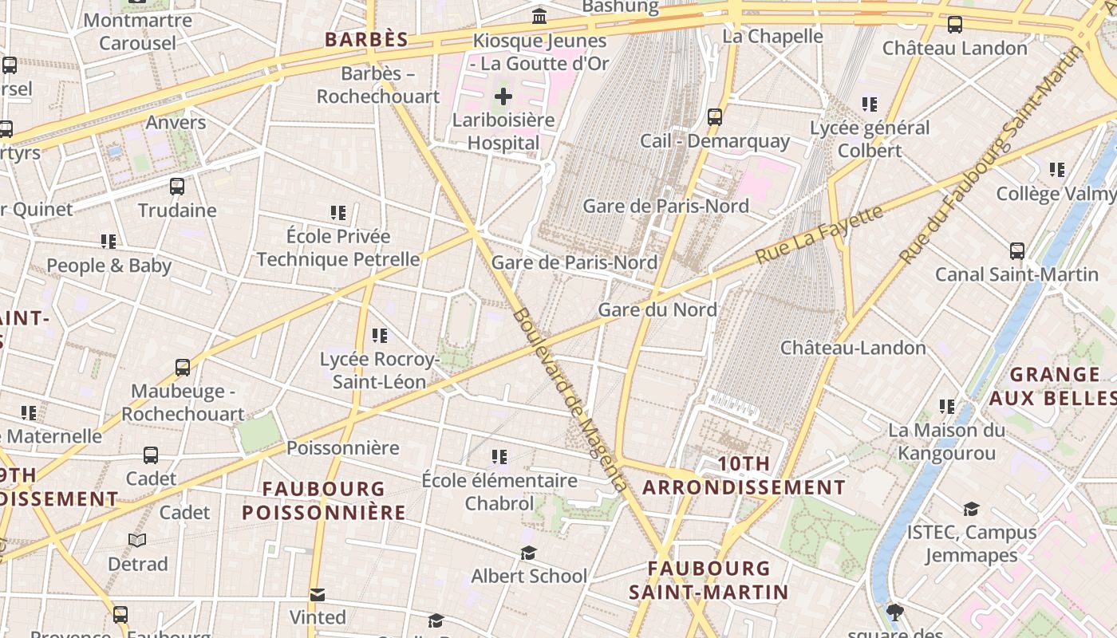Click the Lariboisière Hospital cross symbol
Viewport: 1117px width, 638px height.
point(503,97)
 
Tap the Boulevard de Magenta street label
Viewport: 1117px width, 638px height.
point(568,399)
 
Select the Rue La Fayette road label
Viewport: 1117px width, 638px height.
point(819,233)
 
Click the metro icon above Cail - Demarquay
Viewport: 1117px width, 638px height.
point(715,117)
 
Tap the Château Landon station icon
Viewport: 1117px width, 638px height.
point(955,25)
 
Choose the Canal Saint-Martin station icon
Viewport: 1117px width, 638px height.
point(1017,251)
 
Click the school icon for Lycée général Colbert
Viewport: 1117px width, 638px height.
point(870,104)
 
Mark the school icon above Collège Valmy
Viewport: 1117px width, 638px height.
point(1057,170)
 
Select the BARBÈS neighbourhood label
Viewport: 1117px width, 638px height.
point(366,39)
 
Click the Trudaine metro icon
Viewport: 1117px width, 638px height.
point(177,187)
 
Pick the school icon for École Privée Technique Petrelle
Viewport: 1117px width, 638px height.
point(338,213)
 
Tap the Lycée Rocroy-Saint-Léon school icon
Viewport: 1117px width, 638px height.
point(380,336)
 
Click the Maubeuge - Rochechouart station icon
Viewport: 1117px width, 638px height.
point(183,368)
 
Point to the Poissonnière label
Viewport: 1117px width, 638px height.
point(343,447)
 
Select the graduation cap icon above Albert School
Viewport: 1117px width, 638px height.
point(528,553)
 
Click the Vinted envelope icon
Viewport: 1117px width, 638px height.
point(318,594)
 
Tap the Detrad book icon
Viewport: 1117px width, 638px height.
point(138,541)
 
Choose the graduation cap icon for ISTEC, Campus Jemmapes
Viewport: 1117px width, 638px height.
point(971,509)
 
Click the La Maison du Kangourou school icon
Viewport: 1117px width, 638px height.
point(947,407)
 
